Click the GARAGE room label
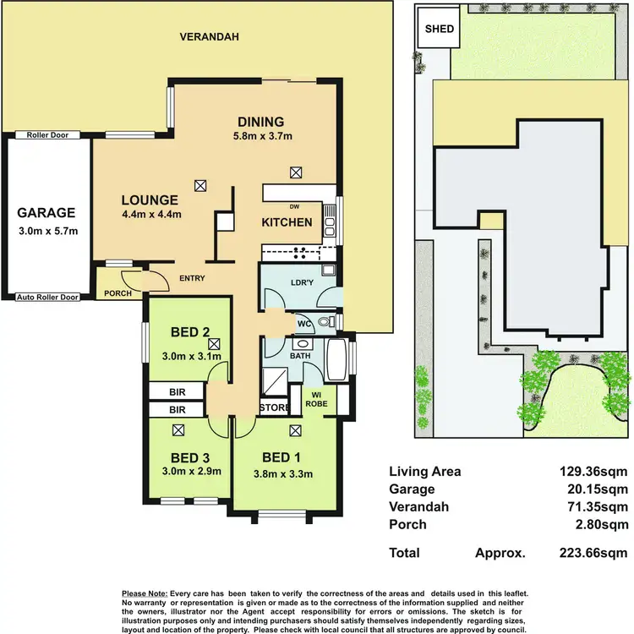47,213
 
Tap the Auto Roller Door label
47,298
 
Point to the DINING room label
260,122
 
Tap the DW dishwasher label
293,205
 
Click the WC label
303,323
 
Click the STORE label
273,408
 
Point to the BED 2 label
189,331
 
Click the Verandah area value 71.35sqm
598,506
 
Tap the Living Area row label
424,472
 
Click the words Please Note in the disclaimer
145,594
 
